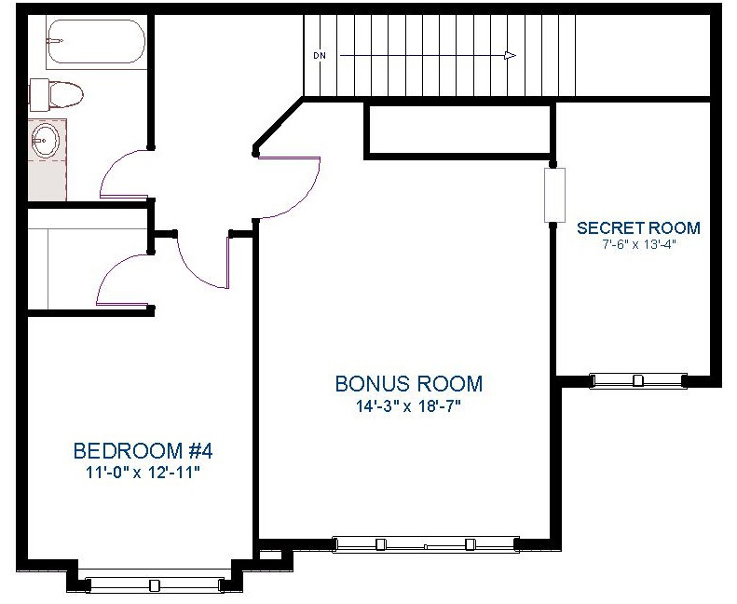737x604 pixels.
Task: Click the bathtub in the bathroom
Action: (x=96, y=41)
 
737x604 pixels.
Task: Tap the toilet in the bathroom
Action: (x=57, y=94)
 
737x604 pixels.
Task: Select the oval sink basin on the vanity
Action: (x=46, y=140)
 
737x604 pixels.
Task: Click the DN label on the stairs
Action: (x=320, y=56)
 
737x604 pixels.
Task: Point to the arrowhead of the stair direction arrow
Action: (x=510, y=56)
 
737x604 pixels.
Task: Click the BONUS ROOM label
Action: (x=409, y=383)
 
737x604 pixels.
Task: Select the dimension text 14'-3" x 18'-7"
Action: (x=407, y=405)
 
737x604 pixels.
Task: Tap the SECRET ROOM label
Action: (x=638, y=228)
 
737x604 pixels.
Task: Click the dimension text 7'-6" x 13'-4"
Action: (x=639, y=245)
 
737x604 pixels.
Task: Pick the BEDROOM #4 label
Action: (x=143, y=451)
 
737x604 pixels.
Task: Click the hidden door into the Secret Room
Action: (x=554, y=195)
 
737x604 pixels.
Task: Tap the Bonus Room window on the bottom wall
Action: (x=426, y=544)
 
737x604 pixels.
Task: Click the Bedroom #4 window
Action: (x=154, y=585)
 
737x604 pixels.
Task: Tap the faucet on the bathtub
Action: (x=55, y=41)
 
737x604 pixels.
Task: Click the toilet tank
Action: (x=37, y=94)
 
